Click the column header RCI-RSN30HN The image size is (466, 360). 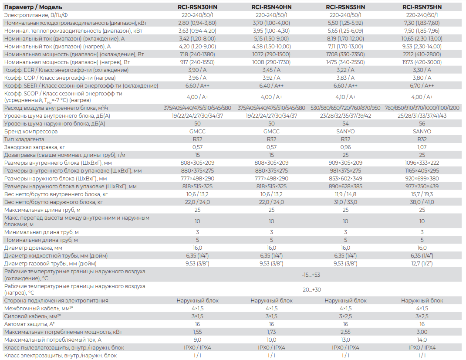[197, 7]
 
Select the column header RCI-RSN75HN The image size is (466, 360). [422, 7]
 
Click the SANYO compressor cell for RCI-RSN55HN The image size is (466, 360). [345, 131]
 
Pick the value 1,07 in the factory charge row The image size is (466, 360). [422, 147]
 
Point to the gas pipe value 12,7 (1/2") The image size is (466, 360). [422, 263]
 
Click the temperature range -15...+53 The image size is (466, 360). [311, 275]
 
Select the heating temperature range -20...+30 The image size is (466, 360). [311, 289]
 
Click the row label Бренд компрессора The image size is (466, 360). [31, 131]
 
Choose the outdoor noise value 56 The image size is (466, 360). [422, 124]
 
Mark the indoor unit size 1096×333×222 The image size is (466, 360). [422, 163]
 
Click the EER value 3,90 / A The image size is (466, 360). [197, 70]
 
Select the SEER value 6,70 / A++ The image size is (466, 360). [422, 85]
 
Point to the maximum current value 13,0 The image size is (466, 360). [345, 340]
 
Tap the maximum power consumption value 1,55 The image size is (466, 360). [197, 332]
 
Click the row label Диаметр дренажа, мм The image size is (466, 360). [33, 248]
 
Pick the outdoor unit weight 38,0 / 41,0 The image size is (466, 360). [422, 202]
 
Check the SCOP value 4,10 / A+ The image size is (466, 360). [345, 97]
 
